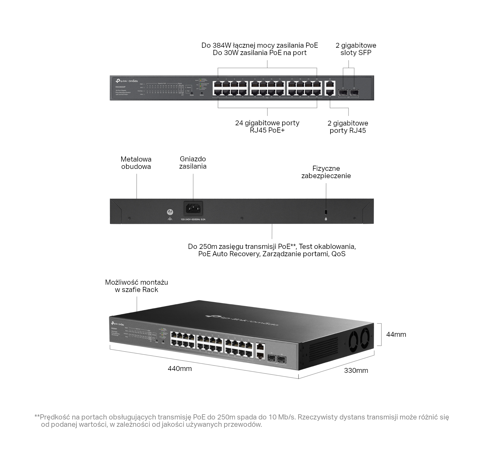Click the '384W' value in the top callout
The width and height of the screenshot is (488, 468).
pyautogui.click(x=222, y=45)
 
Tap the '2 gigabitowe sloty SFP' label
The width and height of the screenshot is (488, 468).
pyautogui.click(x=356, y=49)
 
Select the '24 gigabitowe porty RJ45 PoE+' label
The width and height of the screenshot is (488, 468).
pyautogui.click(x=267, y=127)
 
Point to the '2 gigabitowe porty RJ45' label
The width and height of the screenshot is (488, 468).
pyautogui.click(x=348, y=127)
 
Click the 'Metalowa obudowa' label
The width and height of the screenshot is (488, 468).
pyautogui.click(x=136, y=163)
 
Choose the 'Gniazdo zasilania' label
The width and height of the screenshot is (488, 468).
pyautogui.click(x=193, y=163)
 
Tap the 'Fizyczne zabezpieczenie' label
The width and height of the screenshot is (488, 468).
pyautogui.click(x=326, y=172)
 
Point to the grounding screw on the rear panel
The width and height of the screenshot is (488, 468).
pyautogui.click(x=170, y=212)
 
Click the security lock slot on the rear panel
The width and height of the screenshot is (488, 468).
pyautogui.click(x=326, y=211)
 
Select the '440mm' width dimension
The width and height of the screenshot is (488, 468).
pyautogui.click(x=179, y=368)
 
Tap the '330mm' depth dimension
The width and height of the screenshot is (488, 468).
pyautogui.click(x=356, y=370)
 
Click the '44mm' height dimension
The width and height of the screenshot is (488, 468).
pyautogui.click(x=396, y=334)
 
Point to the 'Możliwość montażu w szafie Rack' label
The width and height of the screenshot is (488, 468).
pyautogui.click(x=136, y=286)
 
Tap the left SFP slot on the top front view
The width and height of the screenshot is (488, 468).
pyautogui.click(x=343, y=92)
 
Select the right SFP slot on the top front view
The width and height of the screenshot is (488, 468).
pyautogui.click(x=354, y=92)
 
